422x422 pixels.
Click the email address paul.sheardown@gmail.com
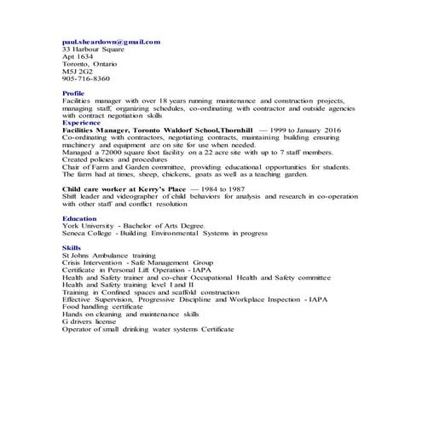pyautogui.click(x=111, y=41)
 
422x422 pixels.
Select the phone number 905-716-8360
pyautogui.click(x=86, y=78)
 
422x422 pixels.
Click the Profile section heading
pyautogui.click(x=73, y=93)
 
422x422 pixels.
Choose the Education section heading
pyautogui.click(x=79, y=218)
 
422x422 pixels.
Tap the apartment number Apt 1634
pyautogui.click(x=79, y=56)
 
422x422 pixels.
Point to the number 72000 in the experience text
pyautogui.click(x=117, y=151)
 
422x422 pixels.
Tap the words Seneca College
pyautogui.click(x=88, y=234)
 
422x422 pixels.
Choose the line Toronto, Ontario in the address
pyautogui.click(x=88, y=63)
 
